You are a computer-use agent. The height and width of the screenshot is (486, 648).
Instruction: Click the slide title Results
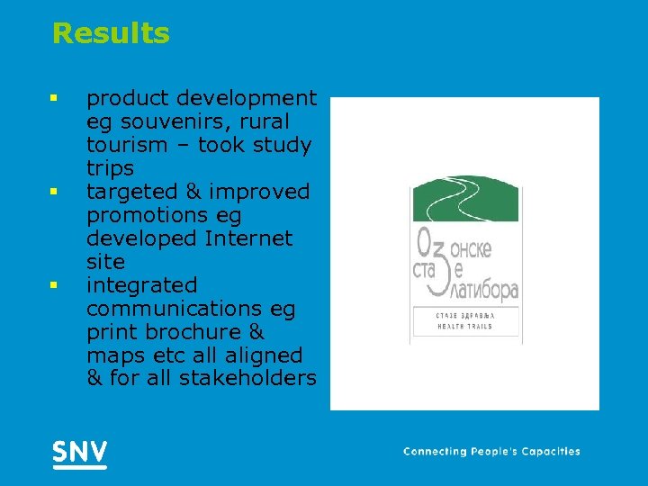111,34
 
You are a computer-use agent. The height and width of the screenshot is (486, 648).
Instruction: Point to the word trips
110,168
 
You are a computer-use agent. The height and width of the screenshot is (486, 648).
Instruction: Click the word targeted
129,192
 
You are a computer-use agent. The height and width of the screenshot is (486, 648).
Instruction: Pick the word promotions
150,215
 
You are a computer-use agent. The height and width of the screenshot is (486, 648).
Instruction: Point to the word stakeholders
247,379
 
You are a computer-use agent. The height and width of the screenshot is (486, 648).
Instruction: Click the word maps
112,355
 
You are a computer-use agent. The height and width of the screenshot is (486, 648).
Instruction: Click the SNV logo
79,453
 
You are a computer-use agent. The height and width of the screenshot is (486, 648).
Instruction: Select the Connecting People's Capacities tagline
491,452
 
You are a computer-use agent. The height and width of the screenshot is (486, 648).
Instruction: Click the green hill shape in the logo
464,199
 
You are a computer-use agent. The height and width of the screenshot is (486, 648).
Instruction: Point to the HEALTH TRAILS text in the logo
465,326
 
